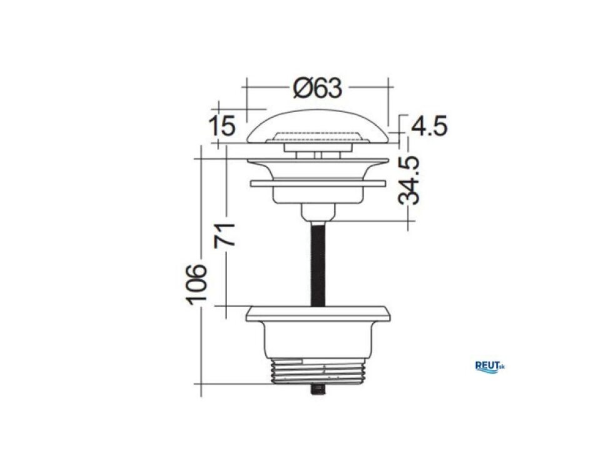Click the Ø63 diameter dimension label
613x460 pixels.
[318, 88]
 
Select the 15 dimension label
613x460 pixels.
[223, 126]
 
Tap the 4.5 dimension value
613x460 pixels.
[429, 126]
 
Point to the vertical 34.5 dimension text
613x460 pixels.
[409, 180]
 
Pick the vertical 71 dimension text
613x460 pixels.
[225, 235]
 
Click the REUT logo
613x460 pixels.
[490, 367]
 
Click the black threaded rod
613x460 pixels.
[318, 263]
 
